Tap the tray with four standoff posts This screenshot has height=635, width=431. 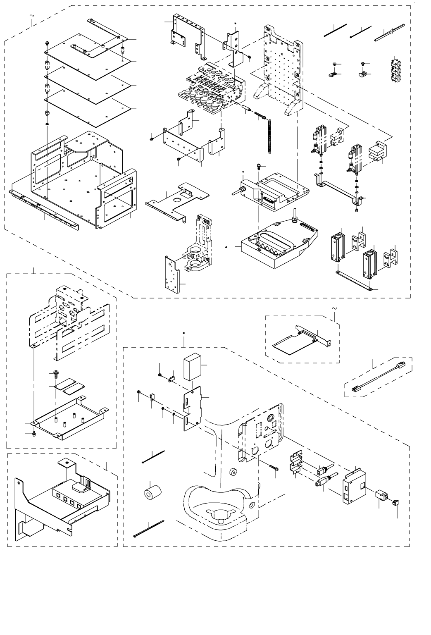click(x=70, y=418)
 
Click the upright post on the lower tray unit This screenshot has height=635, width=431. click(x=295, y=217)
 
